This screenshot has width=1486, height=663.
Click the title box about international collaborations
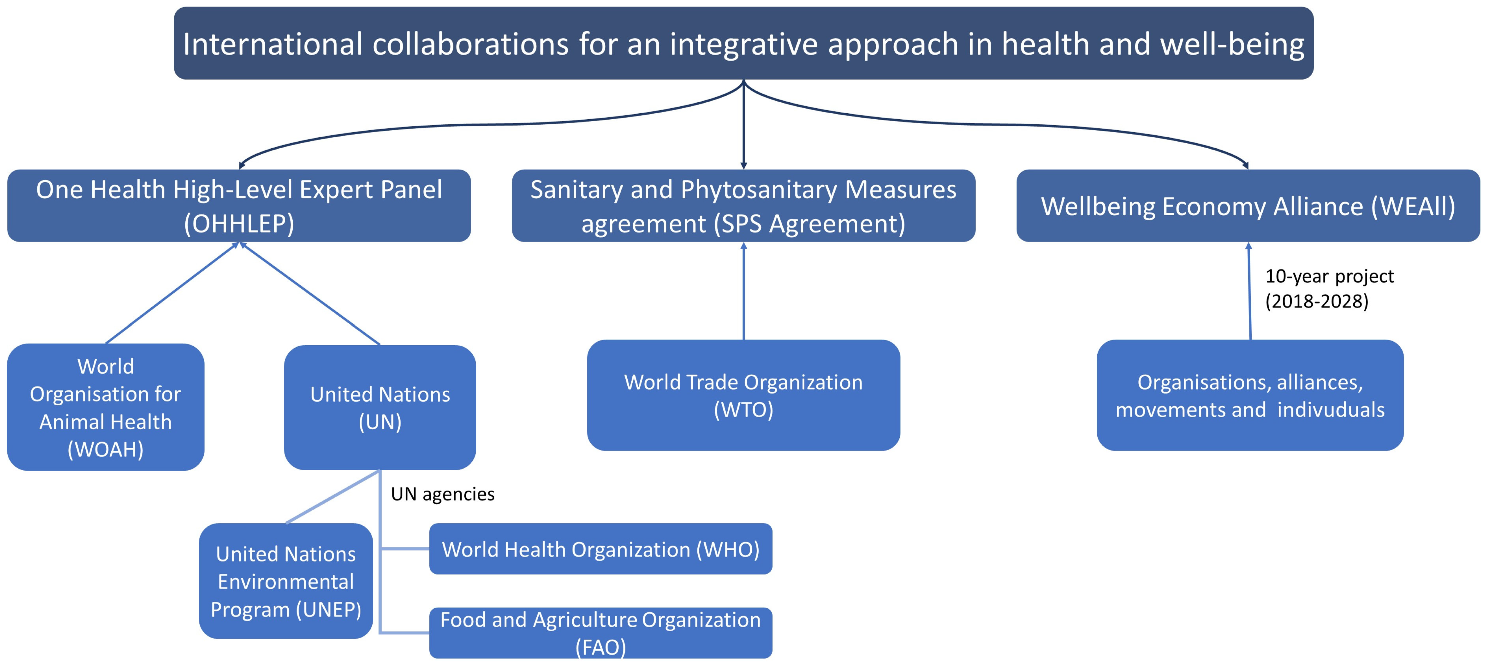(743, 43)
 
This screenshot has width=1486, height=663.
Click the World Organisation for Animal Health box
(106, 407)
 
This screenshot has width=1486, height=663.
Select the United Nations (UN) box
(380, 407)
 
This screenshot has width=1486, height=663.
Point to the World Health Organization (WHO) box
(600, 549)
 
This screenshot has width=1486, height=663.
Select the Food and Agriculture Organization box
(600, 633)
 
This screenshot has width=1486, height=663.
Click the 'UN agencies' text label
(442, 494)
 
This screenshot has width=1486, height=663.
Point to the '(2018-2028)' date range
(1316, 301)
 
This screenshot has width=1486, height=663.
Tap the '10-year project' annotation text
(1329, 276)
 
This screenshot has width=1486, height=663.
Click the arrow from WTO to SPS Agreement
(743, 291)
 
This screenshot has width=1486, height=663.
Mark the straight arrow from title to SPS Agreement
(743, 124)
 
